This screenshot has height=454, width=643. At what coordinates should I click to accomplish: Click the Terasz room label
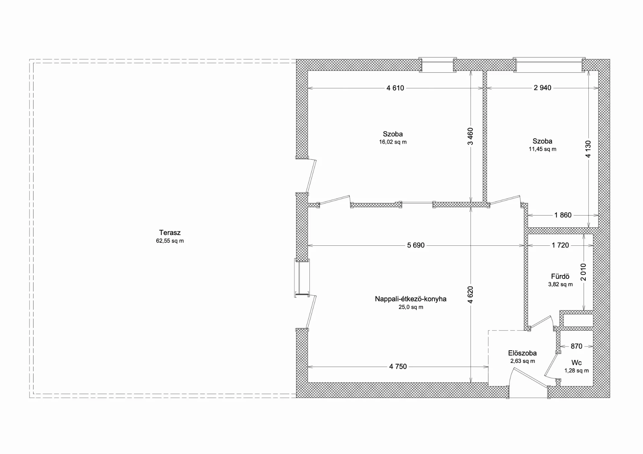[x=170, y=233]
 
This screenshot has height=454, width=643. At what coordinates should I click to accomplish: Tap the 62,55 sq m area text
[x=170, y=241]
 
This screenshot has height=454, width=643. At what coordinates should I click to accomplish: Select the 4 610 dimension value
[x=395, y=88]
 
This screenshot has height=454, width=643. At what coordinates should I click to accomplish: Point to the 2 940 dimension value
[x=543, y=88]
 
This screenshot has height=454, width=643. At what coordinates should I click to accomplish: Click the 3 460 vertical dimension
[x=471, y=136]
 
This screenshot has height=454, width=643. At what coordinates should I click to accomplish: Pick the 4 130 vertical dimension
[x=588, y=149]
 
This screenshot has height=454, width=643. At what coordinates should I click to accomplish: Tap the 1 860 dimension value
[x=563, y=215]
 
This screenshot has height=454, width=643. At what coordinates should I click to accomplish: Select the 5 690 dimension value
[x=416, y=245]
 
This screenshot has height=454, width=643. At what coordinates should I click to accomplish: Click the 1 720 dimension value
[x=560, y=245]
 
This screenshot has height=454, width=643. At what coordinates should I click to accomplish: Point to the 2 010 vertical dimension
[x=584, y=272]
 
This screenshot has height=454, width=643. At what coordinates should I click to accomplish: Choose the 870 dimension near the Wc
[x=576, y=346]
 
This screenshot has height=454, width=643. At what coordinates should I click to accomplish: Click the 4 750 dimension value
[x=398, y=367]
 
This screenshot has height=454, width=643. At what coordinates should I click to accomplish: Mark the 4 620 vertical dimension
[x=471, y=295]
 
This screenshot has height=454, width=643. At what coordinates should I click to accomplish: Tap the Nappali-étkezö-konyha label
[x=411, y=299]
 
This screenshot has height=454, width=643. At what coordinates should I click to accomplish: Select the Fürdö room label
[x=560, y=277]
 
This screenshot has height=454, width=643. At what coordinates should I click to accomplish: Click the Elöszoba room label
[x=522, y=353]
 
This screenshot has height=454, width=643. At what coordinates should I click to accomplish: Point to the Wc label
[x=576, y=363]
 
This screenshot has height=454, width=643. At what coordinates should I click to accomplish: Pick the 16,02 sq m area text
[x=393, y=142]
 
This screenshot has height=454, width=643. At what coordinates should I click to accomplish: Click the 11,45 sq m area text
[x=543, y=149]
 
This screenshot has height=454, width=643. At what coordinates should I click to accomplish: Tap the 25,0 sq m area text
[x=411, y=307]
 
